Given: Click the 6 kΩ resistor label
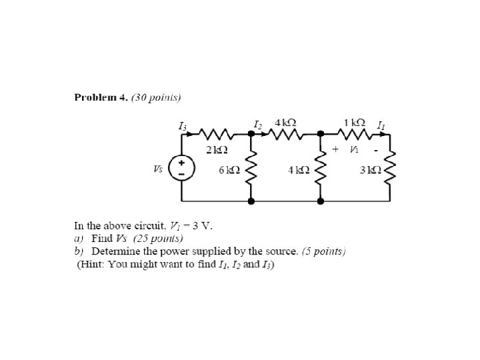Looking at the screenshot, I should [x=229, y=170].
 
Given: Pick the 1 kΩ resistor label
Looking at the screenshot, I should [x=354, y=123].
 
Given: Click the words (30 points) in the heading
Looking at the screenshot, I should [x=156, y=97].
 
